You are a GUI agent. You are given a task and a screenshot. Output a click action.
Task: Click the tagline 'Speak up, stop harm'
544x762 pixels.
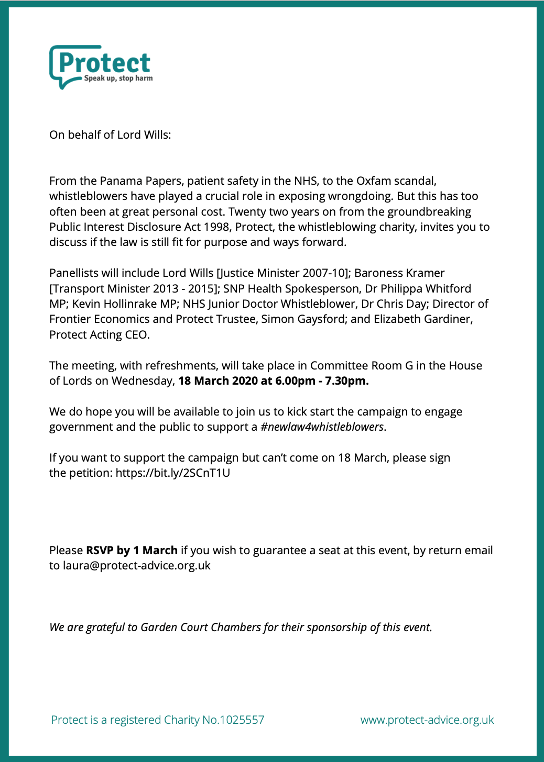[x=118, y=79]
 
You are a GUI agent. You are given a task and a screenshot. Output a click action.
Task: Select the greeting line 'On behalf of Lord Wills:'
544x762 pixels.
[x=110, y=135]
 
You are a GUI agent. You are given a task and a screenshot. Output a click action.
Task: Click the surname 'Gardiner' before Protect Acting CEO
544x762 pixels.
[x=450, y=319]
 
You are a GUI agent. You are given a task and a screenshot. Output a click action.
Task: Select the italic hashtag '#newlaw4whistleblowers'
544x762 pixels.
[x=322, y=427]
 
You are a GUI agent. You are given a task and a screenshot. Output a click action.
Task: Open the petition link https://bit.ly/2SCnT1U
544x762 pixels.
[x=173, y=473]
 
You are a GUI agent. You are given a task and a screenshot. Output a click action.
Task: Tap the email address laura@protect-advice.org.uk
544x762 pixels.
[x=137, y=566]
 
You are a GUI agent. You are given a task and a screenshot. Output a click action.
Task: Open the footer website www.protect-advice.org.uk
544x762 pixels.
[x=427, y=720]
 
